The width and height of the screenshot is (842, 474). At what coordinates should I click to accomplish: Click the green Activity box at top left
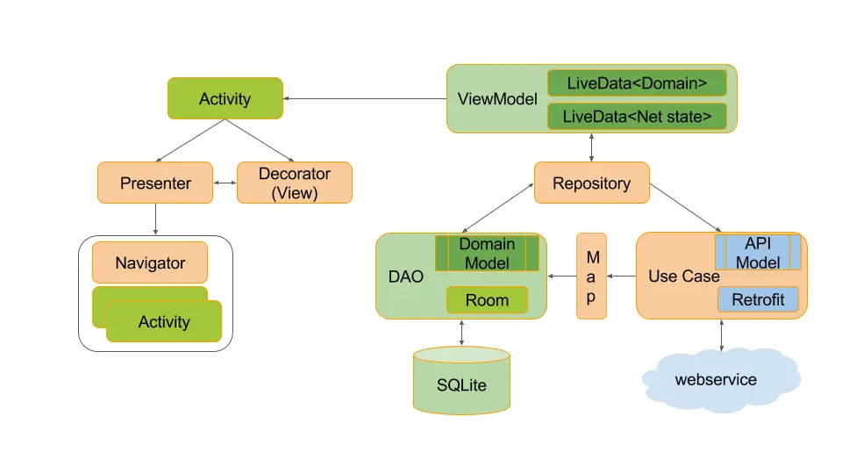click(x=225, y=98)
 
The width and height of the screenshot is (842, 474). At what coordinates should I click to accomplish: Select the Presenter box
click(x=155, y=183)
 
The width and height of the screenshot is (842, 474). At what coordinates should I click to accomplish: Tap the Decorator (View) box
click(x=295, y=183)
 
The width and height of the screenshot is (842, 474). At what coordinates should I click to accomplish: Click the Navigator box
click(x=150, y=262)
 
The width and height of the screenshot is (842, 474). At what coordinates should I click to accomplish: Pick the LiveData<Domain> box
click(x=637, y=83)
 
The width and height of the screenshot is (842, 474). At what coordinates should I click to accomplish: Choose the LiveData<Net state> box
click(x=637, y=116)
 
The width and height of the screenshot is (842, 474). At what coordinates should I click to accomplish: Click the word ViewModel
click(x=497, y=98)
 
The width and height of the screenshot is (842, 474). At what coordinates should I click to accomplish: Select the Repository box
click(x=591, y=183)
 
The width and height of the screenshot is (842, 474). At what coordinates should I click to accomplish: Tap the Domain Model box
click(x=487, y=253)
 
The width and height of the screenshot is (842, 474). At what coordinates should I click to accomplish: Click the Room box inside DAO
click(x=487, y=300)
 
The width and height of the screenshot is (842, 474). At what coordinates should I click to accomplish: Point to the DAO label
click(x=405, y=276)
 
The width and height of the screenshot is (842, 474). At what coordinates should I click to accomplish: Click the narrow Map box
click(x=591, y=276)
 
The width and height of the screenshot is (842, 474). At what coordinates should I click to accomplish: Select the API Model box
click(x=758, y=252)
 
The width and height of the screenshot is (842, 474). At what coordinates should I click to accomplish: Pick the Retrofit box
click(x=758, y=299)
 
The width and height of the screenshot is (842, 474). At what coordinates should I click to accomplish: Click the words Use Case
click(x=683, y=276)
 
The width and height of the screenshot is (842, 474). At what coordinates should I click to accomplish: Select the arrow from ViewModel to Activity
click(x=365, y=98)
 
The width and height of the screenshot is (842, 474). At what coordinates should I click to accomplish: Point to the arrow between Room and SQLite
click(x=461, y=332)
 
